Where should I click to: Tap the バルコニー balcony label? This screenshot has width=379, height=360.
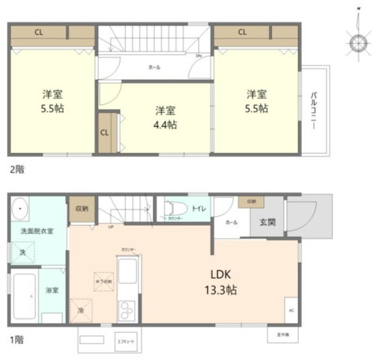coord(313,110)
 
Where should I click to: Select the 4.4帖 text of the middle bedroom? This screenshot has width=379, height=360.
coord(165,125)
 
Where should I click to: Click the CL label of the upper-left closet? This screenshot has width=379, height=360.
coord(40,31)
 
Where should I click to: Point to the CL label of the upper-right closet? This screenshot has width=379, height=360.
coord(242,31)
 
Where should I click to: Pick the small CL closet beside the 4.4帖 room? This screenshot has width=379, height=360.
coord(104,134)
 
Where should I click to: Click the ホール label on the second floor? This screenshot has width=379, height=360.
coord(154,67)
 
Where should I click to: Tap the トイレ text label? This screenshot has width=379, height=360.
coord(199,208)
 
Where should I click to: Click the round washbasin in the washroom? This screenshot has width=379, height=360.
coord(20,209)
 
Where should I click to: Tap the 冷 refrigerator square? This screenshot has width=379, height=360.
coord(82,309)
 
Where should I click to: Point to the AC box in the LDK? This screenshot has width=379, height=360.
coord(290,309)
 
